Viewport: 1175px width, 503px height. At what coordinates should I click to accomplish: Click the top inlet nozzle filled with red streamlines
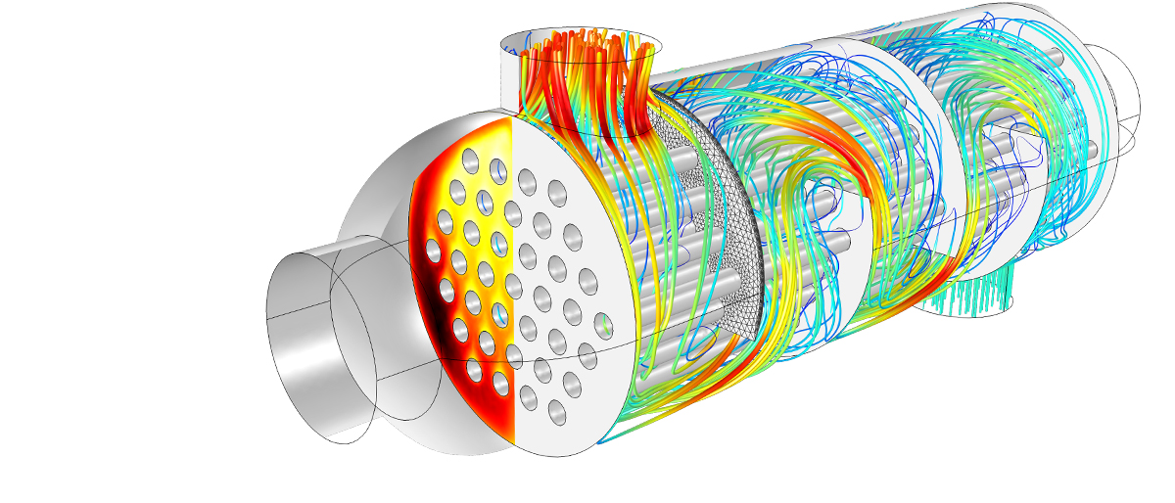point(583,69)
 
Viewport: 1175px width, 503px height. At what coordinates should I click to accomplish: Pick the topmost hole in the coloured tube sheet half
point(469,160)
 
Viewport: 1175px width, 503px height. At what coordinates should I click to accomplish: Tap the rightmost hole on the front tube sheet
point(603,323)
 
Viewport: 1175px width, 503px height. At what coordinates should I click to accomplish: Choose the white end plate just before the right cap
point(1087,147)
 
